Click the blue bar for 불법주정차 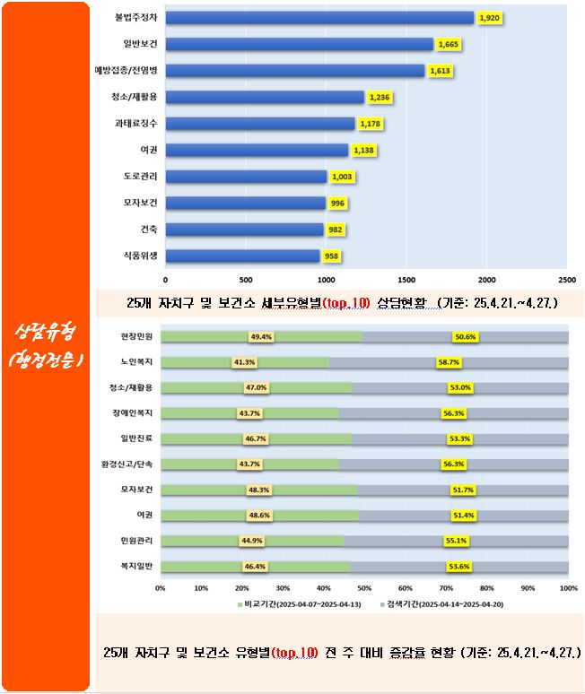[x=319, y=18]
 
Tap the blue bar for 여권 [x=256, y=150]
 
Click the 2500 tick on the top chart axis [x=567, y=279]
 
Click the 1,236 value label [x=380, y=97]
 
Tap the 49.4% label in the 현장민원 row [x=261, y=337]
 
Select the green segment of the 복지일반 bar [x=255, y=567]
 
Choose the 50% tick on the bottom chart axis [x=364, y=588]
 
